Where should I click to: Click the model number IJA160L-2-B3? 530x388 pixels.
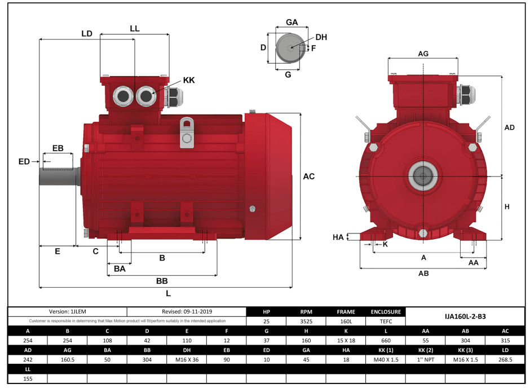click(x=465, y=316)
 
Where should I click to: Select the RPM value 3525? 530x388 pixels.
click(x=306, y=321)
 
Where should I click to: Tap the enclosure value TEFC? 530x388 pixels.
click(x=386, y=321)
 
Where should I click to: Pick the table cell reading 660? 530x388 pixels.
click(x=386, y=340)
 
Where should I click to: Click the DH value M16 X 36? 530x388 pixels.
click(x=187, y=359)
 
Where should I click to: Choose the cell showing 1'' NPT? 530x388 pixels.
click(x=426, y=359)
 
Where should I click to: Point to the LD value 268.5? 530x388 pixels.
click(x=505, y=359)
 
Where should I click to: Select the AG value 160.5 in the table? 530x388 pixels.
click(x=67, y=359)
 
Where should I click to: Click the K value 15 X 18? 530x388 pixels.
click(x=346, y=340)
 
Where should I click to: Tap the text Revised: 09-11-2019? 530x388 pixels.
click(x=187, y=311)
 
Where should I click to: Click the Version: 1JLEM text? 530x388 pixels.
click(x=67, y=311)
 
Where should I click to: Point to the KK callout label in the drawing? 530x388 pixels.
click(x=189, y=80)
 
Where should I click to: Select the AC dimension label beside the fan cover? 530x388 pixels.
click(x=309, y=177)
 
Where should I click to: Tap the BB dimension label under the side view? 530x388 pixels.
click(x=161, y=281)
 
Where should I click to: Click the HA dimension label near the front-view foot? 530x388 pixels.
click(x=338, y=237)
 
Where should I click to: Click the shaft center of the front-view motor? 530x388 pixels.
click(x=423, y=177)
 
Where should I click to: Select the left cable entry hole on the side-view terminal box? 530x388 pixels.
click(x=122, y=97)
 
